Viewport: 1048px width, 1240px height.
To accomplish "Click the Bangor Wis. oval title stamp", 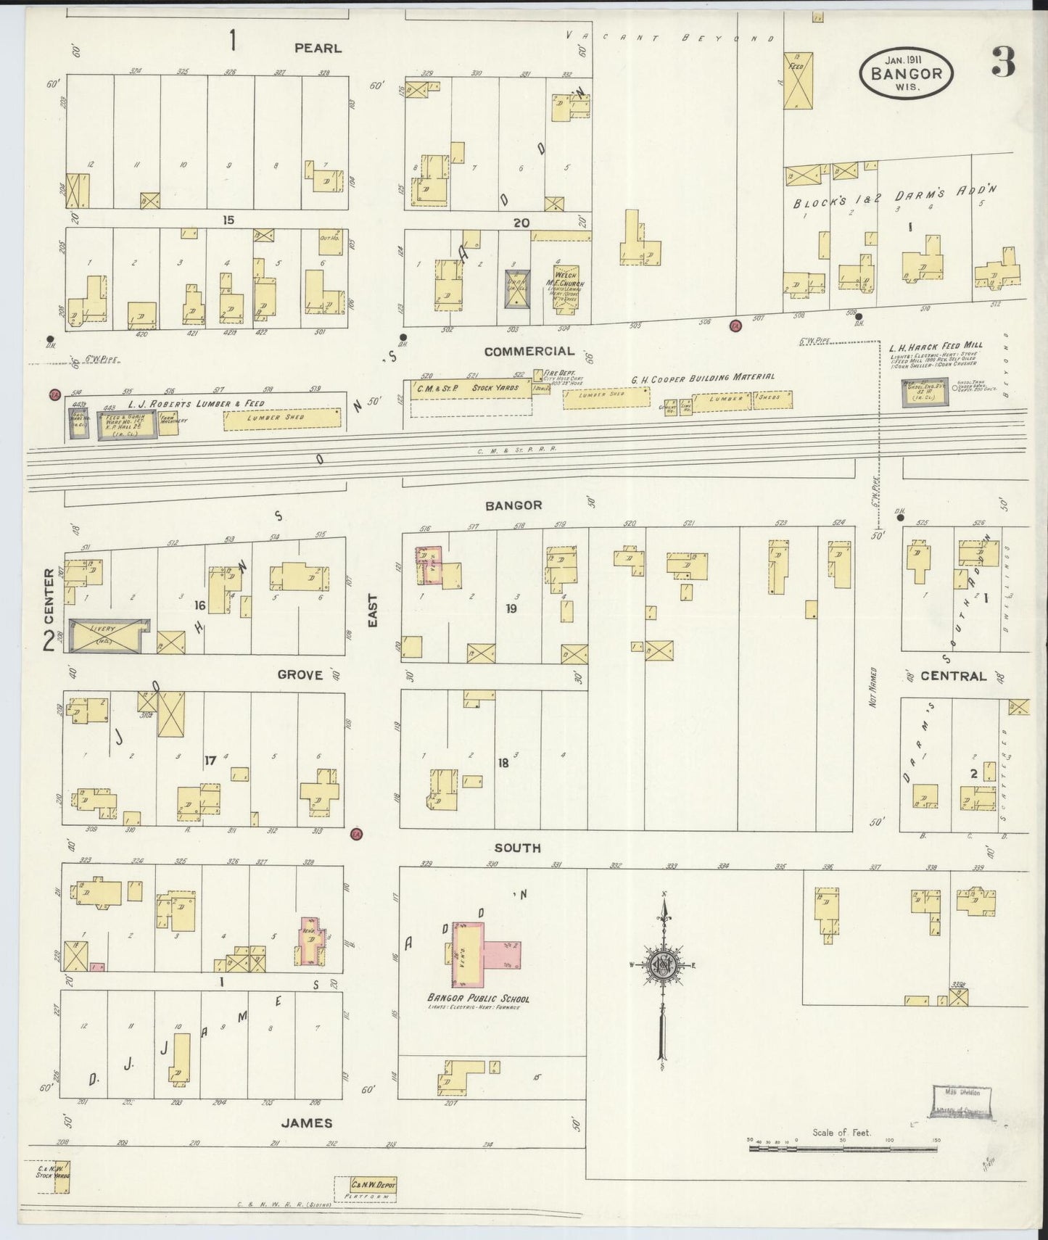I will coord(906,73).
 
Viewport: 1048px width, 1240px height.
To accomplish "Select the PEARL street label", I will coord(318,49).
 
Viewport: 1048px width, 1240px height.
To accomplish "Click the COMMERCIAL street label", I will coord(529,352).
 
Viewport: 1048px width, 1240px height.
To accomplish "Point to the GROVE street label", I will coord(300,675).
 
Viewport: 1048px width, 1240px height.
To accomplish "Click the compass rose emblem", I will coord(662,965).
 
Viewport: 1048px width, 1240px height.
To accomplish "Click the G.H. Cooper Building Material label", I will coord(702,377).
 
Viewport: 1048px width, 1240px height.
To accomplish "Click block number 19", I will coord(511,609).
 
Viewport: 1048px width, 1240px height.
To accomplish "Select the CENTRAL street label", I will coord(953,676).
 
